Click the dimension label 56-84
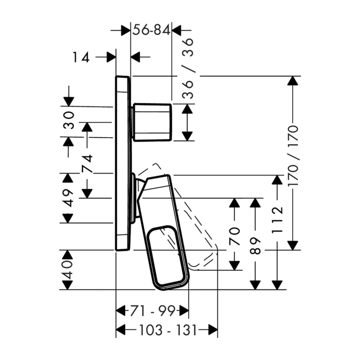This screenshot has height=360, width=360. click(152, 30)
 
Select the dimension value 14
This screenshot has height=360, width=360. click(81, 57)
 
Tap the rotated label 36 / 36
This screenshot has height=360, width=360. click(188, 69)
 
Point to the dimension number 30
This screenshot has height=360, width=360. click(69, 120)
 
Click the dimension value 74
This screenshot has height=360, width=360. click(87, 163)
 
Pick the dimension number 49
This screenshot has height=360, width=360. click(68, 198)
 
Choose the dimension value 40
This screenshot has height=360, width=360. click(68, 270)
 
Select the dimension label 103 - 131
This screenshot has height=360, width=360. click(168, 330)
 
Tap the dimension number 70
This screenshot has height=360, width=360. click(234, 236)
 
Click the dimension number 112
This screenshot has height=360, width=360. click(277, 220)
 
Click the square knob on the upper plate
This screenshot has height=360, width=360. click(152, 122)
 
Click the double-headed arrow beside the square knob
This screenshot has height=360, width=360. click(187, 122)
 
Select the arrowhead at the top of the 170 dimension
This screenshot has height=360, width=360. click(293, 81)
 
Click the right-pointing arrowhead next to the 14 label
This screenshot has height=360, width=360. click(111, 57)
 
